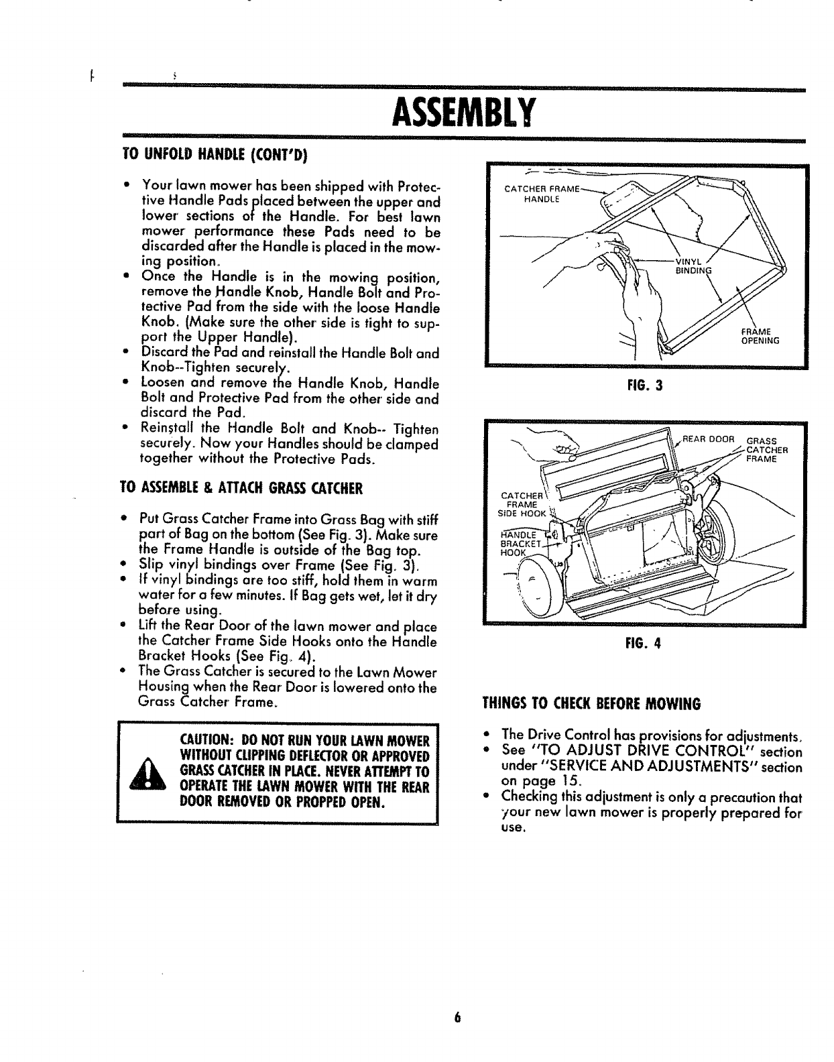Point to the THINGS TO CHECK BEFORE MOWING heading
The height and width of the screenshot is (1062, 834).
click(x=591, y=704)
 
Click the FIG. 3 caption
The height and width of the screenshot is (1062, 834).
click(x=648, y=386)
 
